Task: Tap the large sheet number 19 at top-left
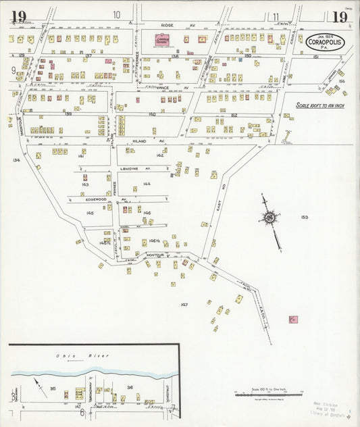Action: [x=18, y=17]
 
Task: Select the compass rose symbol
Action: [x=270, y=218]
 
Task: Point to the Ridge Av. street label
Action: [x=168, y=24]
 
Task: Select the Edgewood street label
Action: [x=97, y=199]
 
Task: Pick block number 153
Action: [x=304, y=217]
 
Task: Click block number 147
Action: [x=184, y=305]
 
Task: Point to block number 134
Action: [x=16, y=160]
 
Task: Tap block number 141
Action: [x=80, y=156]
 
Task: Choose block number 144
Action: [x=146, y=184]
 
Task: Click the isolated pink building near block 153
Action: [x=293, y=319]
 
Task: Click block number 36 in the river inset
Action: [x=130, y=387]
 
